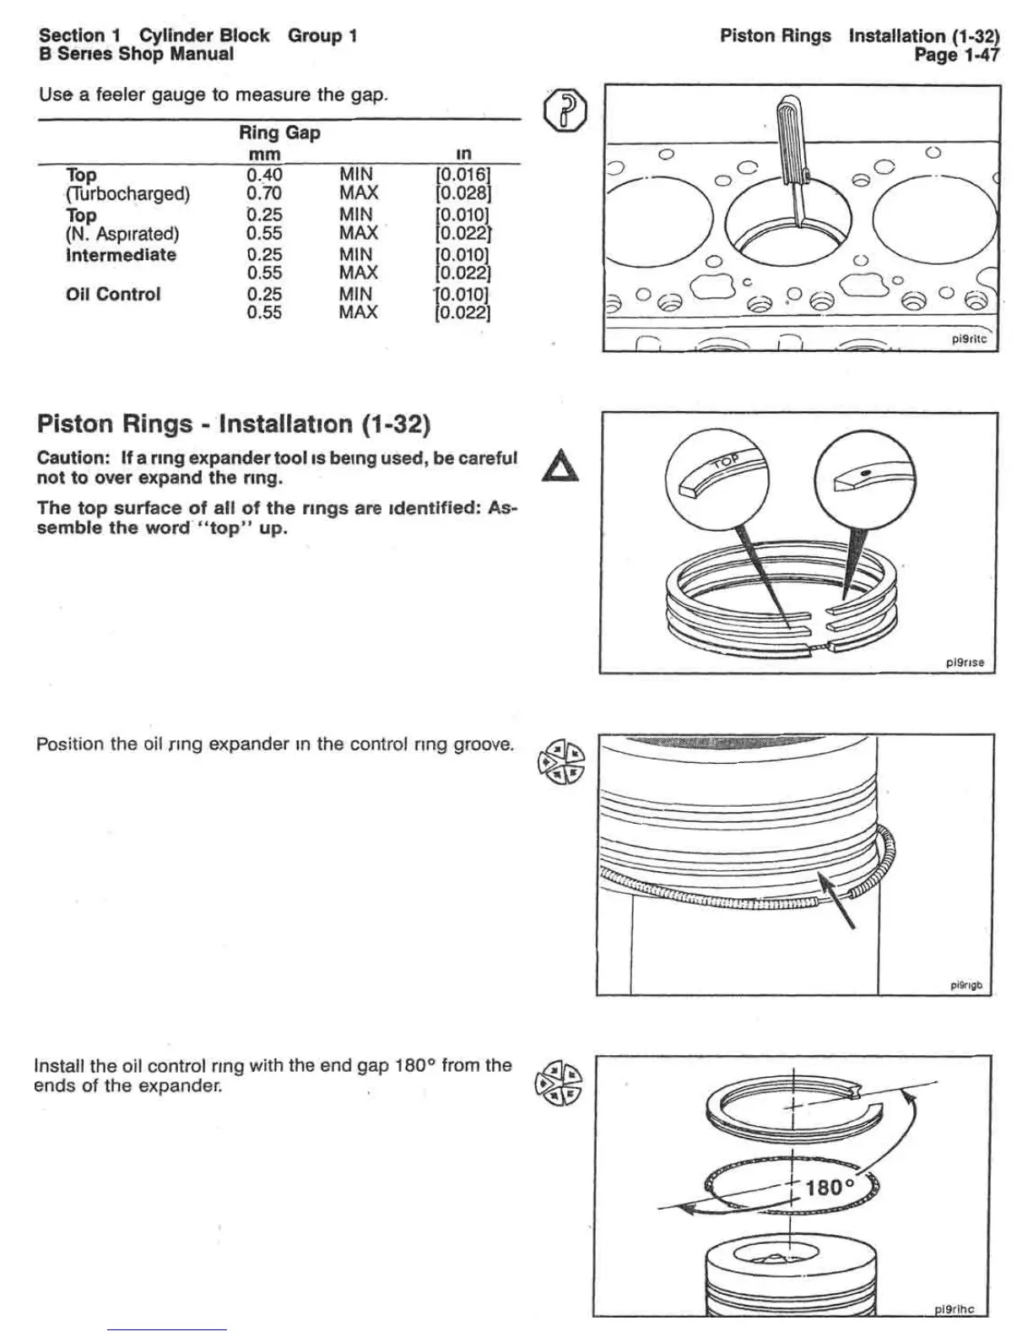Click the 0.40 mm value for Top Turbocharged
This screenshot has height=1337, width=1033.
click(264, 175)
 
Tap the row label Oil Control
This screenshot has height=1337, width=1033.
click(113, 295)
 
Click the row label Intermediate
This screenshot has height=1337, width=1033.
click(122, 255)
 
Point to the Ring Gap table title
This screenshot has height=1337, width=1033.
click(279, 133)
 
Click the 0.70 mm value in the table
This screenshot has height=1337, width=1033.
click(264, 193)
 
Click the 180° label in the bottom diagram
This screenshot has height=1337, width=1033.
click(830, 1188)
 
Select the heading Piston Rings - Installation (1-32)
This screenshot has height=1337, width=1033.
click(234, 423)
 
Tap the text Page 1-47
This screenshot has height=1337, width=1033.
click(956, 56)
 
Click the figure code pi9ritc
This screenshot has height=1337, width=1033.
click(968, 339)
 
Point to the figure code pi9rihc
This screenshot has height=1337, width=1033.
click(954, 1309)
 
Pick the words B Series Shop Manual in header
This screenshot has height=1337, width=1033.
click(136, 55)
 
